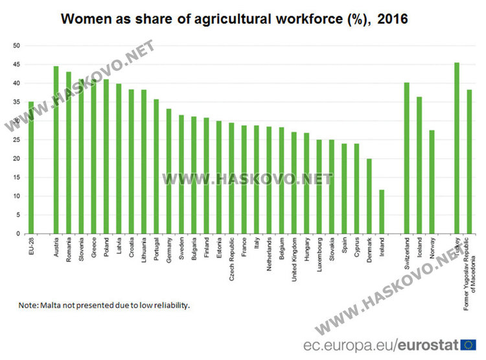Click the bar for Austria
click(56, 150)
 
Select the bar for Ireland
click(382, 211)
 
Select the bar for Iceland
click(419, 165)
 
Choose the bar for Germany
click(169, 171)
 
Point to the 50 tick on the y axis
click(17, 46)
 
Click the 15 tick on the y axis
click(17, 178)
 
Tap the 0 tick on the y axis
click(19, 234)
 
